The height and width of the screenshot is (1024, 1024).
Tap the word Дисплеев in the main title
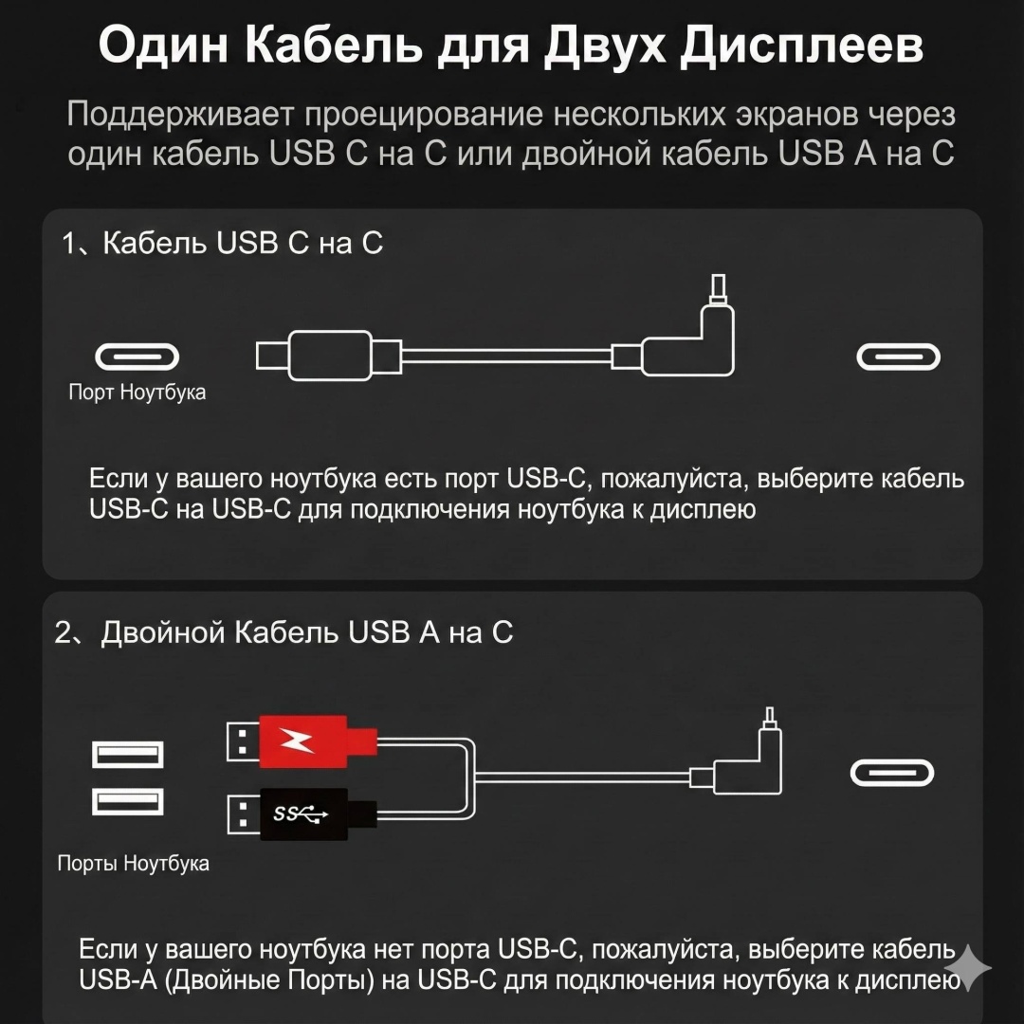pyautogui.click(x=801, y=46)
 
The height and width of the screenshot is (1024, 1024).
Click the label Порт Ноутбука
pyautogui.click(x=137, y=392)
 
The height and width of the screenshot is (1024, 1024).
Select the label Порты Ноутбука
pyautogui.click(x=134, y=864)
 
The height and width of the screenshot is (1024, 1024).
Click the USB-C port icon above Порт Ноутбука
pyautogui.click(x=137, y=357)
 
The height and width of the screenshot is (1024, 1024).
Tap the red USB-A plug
pyautogui.click(x=302, y=741)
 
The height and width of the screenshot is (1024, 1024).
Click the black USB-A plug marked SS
pyautogui.click(x=302, y=814)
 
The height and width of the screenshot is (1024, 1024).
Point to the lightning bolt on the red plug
pyautogui.click(x=296, y=741)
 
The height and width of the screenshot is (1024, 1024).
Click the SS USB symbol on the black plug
pyautogui.click(x=300, y=814)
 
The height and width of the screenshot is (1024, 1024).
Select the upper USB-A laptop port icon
pyautogui.click(x=127, y=755)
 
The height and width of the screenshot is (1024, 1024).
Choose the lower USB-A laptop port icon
pyautogui.click(x=127, y=801)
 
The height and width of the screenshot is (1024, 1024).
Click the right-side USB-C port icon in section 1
pyautogui.click(x=898, y=357)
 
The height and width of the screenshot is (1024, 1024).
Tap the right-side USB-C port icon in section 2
pyautogui.click(x=892, y=774)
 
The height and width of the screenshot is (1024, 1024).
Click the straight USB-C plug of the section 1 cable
pyautogui.click(x=328, y=356)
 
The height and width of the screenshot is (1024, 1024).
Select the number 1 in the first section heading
pyautogui.click(x=68, y=244)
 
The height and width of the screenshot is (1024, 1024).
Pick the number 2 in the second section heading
pyautogui.click(x=64, y=632)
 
